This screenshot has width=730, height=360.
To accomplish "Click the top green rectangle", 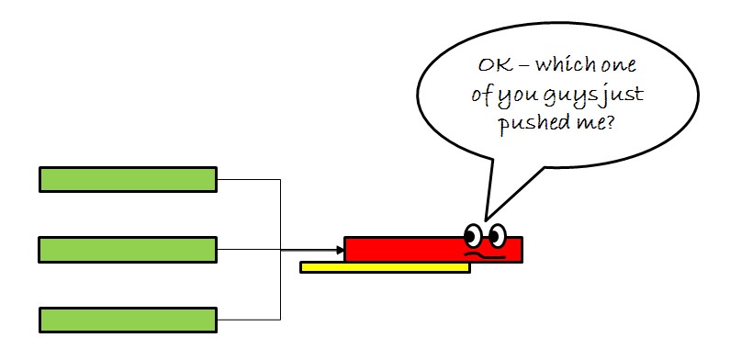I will (x=128, y=179).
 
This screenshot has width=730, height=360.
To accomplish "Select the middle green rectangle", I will (x=128, y=249).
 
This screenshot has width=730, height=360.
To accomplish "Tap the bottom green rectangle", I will (x=128, y=320).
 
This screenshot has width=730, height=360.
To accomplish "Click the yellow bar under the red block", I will (x=385, y=267).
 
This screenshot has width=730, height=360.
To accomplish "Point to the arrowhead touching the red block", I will (x=339, y=249).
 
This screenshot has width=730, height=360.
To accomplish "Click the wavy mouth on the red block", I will (x=486, y=254).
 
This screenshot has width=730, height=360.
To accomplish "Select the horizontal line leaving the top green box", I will (x=248, y=179).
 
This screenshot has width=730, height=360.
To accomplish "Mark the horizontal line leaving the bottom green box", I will (x=248, y=320).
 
